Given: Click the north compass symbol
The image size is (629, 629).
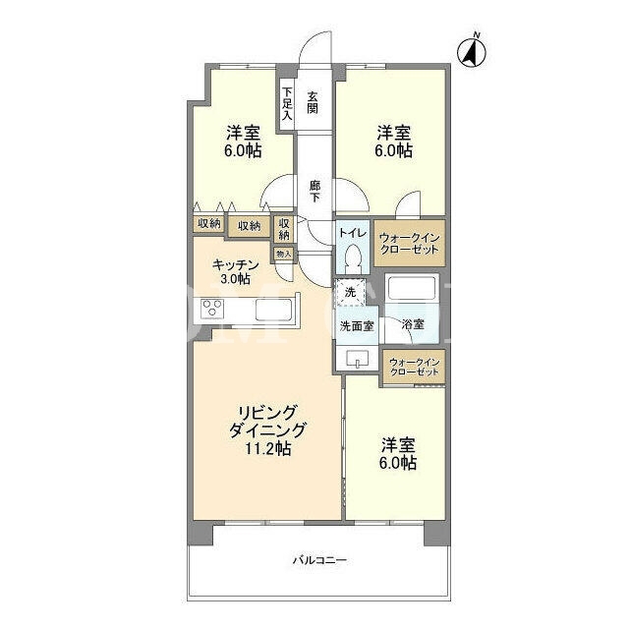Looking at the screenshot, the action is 472,51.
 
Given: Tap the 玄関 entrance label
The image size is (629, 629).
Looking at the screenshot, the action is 313,102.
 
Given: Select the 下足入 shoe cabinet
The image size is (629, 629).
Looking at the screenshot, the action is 286,103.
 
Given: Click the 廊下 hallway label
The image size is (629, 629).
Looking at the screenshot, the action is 314,192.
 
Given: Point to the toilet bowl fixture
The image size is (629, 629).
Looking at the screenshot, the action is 353,257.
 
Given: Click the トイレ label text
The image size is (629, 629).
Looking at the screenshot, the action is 353,233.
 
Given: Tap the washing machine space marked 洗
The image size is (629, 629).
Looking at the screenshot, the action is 350,292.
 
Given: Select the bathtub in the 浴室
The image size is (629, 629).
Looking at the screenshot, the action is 412,288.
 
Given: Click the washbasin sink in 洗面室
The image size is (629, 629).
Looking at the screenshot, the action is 358,358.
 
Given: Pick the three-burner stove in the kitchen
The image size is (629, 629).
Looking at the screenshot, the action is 212,310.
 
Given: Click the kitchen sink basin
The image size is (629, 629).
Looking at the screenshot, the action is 273,310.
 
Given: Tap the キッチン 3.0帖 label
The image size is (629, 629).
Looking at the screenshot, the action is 235,272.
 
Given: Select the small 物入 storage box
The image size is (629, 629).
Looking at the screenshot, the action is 284,255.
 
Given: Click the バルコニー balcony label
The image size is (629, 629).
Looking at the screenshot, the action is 319,560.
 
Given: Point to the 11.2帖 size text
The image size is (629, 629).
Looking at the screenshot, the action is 268,448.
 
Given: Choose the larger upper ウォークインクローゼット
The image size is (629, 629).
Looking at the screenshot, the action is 409,243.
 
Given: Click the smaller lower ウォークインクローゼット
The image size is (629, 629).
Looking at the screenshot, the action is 414,367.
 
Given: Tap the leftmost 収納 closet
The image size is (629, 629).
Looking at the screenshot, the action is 209,224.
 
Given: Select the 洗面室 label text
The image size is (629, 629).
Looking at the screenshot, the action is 357,326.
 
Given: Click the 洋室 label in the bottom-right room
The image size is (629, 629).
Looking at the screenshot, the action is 398,444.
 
